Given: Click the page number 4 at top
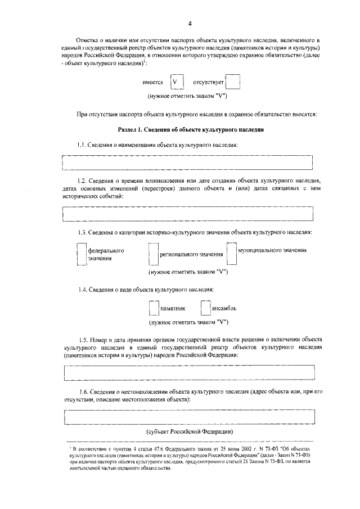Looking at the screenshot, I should click(x=190, y=24).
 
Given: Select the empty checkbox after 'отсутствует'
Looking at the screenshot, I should click(x=233, y=83).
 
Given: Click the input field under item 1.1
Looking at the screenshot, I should click(x=187, y=162).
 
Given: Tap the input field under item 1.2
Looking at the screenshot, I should click(x=187, y=214).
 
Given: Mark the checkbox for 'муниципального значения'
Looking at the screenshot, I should click(x=231, y=253).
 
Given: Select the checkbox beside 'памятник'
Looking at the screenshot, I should click(x=154, y=309).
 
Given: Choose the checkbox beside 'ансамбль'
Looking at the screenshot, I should click(x=205, y=309).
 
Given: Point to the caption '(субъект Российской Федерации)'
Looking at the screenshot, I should click(x=190, y=431).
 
